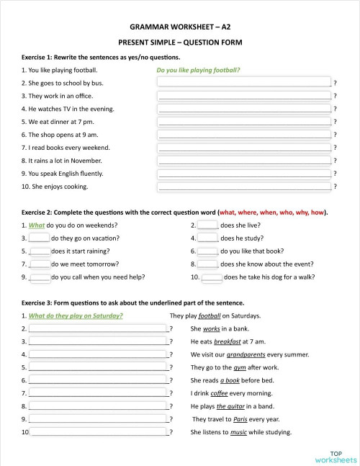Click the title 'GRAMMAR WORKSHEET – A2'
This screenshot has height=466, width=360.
point(180,26)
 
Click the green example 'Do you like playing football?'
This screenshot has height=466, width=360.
point(198,71)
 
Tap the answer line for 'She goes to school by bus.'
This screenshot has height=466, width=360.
point(244,83)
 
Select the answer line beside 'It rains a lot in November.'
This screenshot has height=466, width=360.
point(244,161)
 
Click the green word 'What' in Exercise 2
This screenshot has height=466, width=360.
point(37,225)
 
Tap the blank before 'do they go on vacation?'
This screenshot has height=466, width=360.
point(39,238)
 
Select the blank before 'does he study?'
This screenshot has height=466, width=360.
point(208,238)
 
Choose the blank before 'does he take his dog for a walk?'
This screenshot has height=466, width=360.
point(212,277)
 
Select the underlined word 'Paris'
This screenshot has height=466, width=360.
point(240,419)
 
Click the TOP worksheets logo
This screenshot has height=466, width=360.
point(336,455)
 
